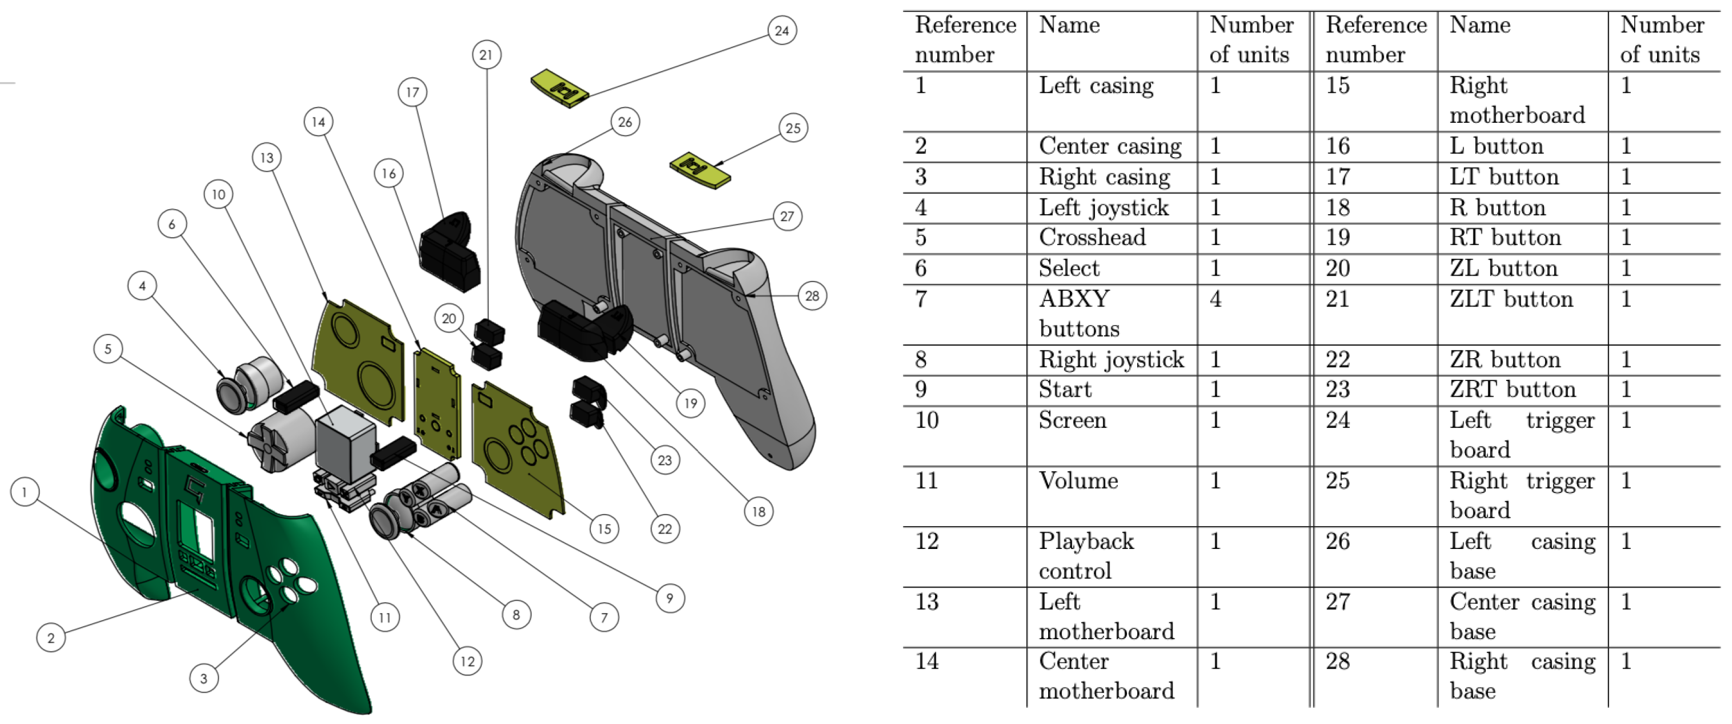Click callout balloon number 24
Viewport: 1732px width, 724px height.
(x=782, y=30)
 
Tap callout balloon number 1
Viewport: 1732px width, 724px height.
(x=24, y=492)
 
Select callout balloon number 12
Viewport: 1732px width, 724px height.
(x=468, y=661)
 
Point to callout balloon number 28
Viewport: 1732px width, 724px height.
(x=812, y=296)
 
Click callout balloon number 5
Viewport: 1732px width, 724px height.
(x=108, y=349)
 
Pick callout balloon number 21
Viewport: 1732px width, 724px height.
(x=486, y=54)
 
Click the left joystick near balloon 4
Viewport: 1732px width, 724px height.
(x=235, y=392)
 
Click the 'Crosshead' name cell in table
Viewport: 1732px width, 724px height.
(x=1092, y=238)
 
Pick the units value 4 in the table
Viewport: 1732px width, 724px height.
(x=1216, y=299)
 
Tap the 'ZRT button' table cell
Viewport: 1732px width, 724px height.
(x=1513, y=389)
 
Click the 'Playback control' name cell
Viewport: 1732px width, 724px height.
(x=1086, y=556)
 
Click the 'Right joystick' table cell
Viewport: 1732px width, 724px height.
(x=1111, y=360)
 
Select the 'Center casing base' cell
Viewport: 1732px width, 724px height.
(x=1522, y=616)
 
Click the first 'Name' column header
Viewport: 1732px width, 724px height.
(x=1069, y=26)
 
